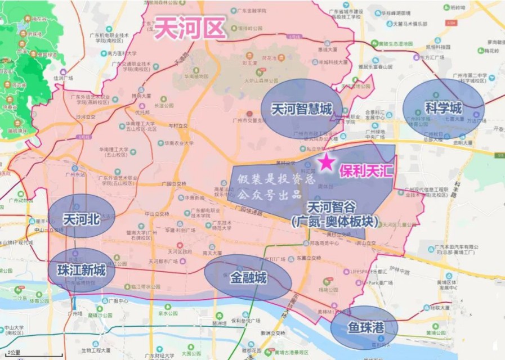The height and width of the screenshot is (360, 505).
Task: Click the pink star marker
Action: tap(325, 163)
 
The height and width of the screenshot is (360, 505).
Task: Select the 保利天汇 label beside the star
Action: tap(366, 170)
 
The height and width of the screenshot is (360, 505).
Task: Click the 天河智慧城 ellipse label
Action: tap(301, 109)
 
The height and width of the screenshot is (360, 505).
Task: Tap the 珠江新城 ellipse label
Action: tap(82, 270)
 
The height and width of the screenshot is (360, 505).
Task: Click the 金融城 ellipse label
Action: tap(248, 277)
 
